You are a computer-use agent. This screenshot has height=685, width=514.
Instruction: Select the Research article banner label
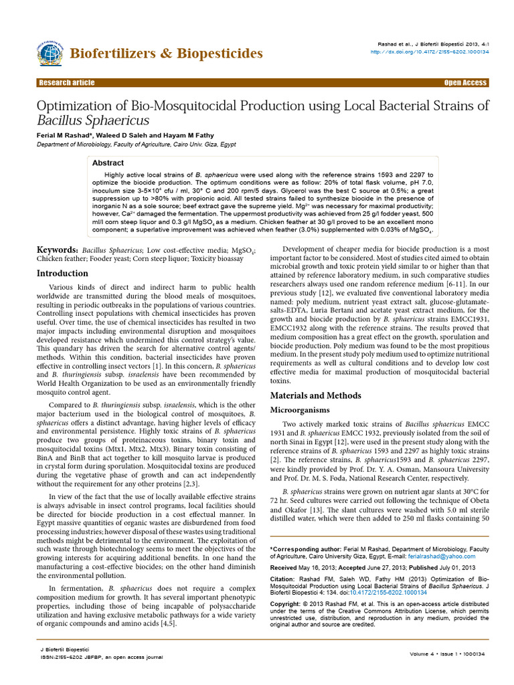[67, 83]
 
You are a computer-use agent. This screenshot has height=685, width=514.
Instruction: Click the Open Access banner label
[465, 83]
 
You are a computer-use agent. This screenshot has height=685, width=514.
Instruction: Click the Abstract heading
[108, 163]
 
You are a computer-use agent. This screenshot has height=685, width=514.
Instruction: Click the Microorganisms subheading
[302, 409]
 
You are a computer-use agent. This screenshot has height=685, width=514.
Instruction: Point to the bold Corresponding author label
[306, 548]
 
